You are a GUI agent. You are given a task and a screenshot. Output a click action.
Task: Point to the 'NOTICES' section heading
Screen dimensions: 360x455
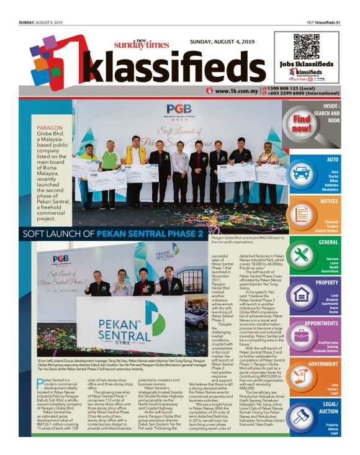[x=329, y=201]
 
